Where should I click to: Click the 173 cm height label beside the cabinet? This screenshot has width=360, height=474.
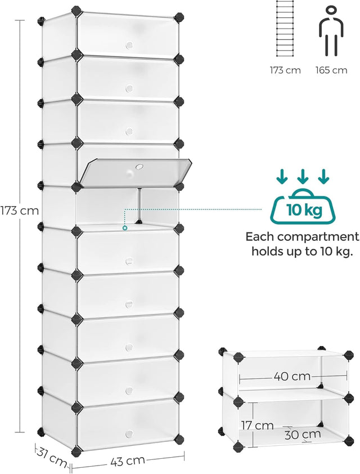[x=19, y=211]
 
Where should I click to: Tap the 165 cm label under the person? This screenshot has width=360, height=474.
[x=331, y=70]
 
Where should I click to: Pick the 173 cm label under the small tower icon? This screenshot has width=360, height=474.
[x=285, y=70]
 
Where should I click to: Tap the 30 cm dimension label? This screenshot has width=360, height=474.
[x=302, y=434]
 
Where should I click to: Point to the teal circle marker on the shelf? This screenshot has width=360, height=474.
[x=125, y=228]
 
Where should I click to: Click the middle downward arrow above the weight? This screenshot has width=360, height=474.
[x=303, y=177]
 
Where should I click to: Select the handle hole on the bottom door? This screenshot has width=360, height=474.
[x=128, y=433]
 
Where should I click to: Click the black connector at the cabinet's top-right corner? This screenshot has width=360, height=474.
[x=179, y=17]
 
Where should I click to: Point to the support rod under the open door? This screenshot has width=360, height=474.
[x=139, y=207]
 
